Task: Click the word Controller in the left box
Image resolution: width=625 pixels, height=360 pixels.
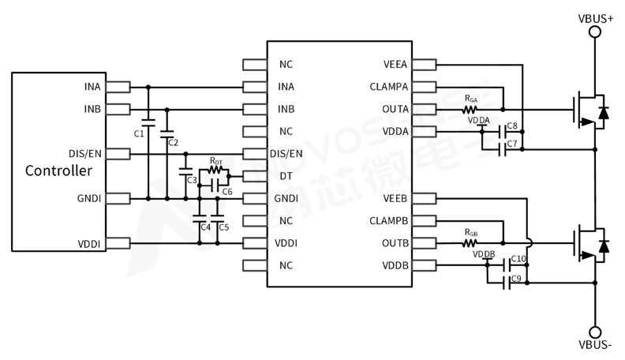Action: [x=58, y=171]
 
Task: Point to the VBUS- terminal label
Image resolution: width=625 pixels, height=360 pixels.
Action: [x=596, y=347]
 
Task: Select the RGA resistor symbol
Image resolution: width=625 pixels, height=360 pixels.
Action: [x=471, y=109]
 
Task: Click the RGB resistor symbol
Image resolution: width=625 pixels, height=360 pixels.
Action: [x=471, y=243]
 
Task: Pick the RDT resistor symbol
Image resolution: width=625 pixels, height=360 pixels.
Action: [x=216, y=170]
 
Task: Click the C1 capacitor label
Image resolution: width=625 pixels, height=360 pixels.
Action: [x=139, y=134]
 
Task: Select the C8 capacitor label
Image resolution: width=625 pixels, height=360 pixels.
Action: [x=512, y=126]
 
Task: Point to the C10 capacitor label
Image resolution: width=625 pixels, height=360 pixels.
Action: [x=518, y=259]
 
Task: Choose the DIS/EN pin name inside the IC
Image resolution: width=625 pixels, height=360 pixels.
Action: [x=286, y=153]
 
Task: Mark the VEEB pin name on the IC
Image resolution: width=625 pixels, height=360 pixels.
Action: [x=395, y=198]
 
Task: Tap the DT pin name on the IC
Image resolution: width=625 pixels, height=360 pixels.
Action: [x=286, y=176]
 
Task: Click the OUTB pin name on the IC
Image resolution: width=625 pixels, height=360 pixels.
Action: [x=394, y=243]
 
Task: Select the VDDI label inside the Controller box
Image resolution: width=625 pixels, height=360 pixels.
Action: [x=88, y=244]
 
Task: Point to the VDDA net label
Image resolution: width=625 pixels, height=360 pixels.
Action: [x=479, y=120]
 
